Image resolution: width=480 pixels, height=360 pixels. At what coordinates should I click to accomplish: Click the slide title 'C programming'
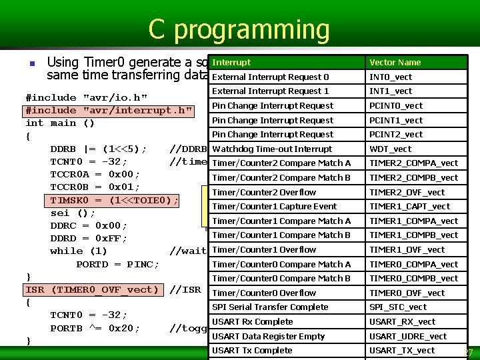click(x=239, y=30)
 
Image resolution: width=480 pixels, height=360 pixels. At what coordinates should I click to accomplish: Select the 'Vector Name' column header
click(x=395, y=63)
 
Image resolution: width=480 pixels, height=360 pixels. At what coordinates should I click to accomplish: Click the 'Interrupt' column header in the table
click(x=232, y=62)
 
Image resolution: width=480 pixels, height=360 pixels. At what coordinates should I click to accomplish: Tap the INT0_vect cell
click(x=391, y=77)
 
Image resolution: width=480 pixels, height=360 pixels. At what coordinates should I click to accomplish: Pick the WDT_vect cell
click(x=390, y=149)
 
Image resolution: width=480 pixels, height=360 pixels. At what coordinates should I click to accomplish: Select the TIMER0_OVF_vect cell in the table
click(x=407, y=293)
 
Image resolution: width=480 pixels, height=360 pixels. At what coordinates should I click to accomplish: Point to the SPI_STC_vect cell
click(x=398, y=307)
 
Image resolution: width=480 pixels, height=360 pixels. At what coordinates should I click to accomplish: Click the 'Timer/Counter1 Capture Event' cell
click(x=274, y=207)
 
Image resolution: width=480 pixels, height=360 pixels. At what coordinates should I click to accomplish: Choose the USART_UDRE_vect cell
click(x=408, y=337)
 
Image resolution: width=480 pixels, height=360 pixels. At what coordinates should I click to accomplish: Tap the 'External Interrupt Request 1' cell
click(x=270, y=91)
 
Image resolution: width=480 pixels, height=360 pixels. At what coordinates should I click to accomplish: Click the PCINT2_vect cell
click(x=396, y=135)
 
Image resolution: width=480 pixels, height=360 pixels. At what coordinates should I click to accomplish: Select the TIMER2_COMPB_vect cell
click(x=413, y=178)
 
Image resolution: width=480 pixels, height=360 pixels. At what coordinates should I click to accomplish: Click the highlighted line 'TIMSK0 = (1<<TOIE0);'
click(x=114, y=201)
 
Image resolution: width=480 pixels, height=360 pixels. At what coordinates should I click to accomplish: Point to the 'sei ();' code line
click(x=73, y=213)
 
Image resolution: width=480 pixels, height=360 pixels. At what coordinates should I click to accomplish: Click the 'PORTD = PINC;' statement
click(x=117, y=264)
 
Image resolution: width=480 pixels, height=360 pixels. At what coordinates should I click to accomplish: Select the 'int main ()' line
click(x=60, y=123)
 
